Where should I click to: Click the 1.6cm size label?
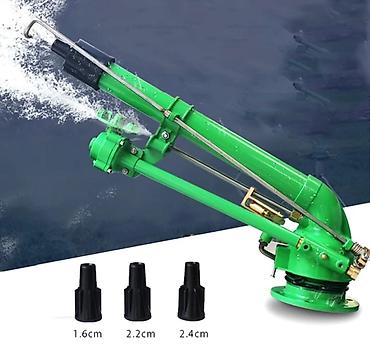pos(88,333)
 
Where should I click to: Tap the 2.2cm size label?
pos(141,333)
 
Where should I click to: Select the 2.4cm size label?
pos(194,333)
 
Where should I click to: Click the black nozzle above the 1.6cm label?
pos(88,292)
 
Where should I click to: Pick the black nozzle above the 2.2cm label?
pos(137,291)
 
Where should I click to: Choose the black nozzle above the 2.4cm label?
pos(191,291)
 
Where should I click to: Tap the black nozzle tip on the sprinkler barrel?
pos(78,63)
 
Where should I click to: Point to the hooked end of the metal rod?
pos(31,27)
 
